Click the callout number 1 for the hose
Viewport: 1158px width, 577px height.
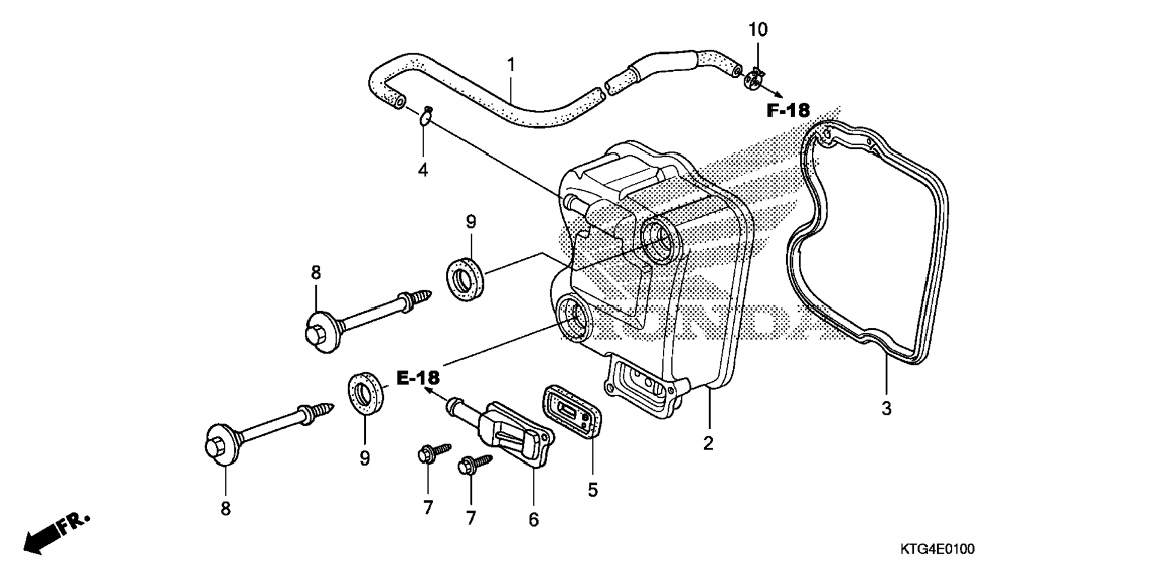coord(511,65)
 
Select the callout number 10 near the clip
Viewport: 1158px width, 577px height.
coord(757,30)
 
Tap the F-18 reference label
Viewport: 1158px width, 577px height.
coord(788,111)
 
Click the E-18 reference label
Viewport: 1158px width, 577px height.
coord(418,378)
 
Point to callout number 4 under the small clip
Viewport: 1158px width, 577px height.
coord(423,171)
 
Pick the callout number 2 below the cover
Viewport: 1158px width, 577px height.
coord(708,444)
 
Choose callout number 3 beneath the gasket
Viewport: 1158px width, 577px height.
coord(886,409)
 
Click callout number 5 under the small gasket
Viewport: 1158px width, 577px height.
coord(592,490)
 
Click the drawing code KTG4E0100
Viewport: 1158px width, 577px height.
coord(937,549)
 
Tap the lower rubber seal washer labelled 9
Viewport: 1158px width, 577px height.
coord(365,392)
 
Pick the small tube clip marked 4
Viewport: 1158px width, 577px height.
coord(426,117)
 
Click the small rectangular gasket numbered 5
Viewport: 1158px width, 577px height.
coord(572,411)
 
